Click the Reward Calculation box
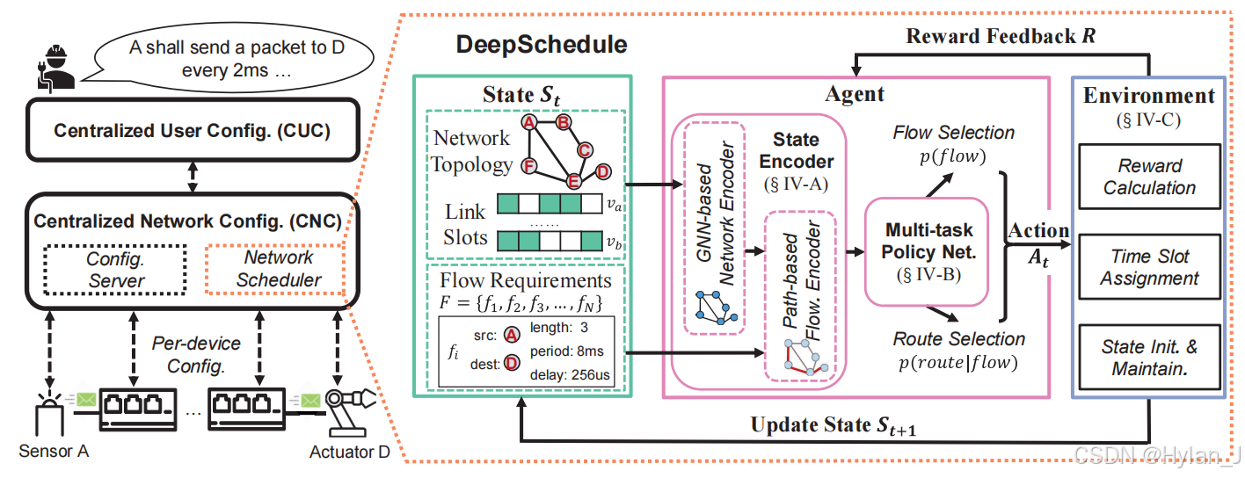[1149, 177]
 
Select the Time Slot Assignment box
[1149, 267]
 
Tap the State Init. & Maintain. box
[1149, 358]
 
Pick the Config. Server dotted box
[116, 269]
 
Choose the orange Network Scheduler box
[278, 269]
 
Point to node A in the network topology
[530, 123]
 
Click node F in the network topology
[529, 164]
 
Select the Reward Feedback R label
[1001, 37]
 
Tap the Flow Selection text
[953, 133]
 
